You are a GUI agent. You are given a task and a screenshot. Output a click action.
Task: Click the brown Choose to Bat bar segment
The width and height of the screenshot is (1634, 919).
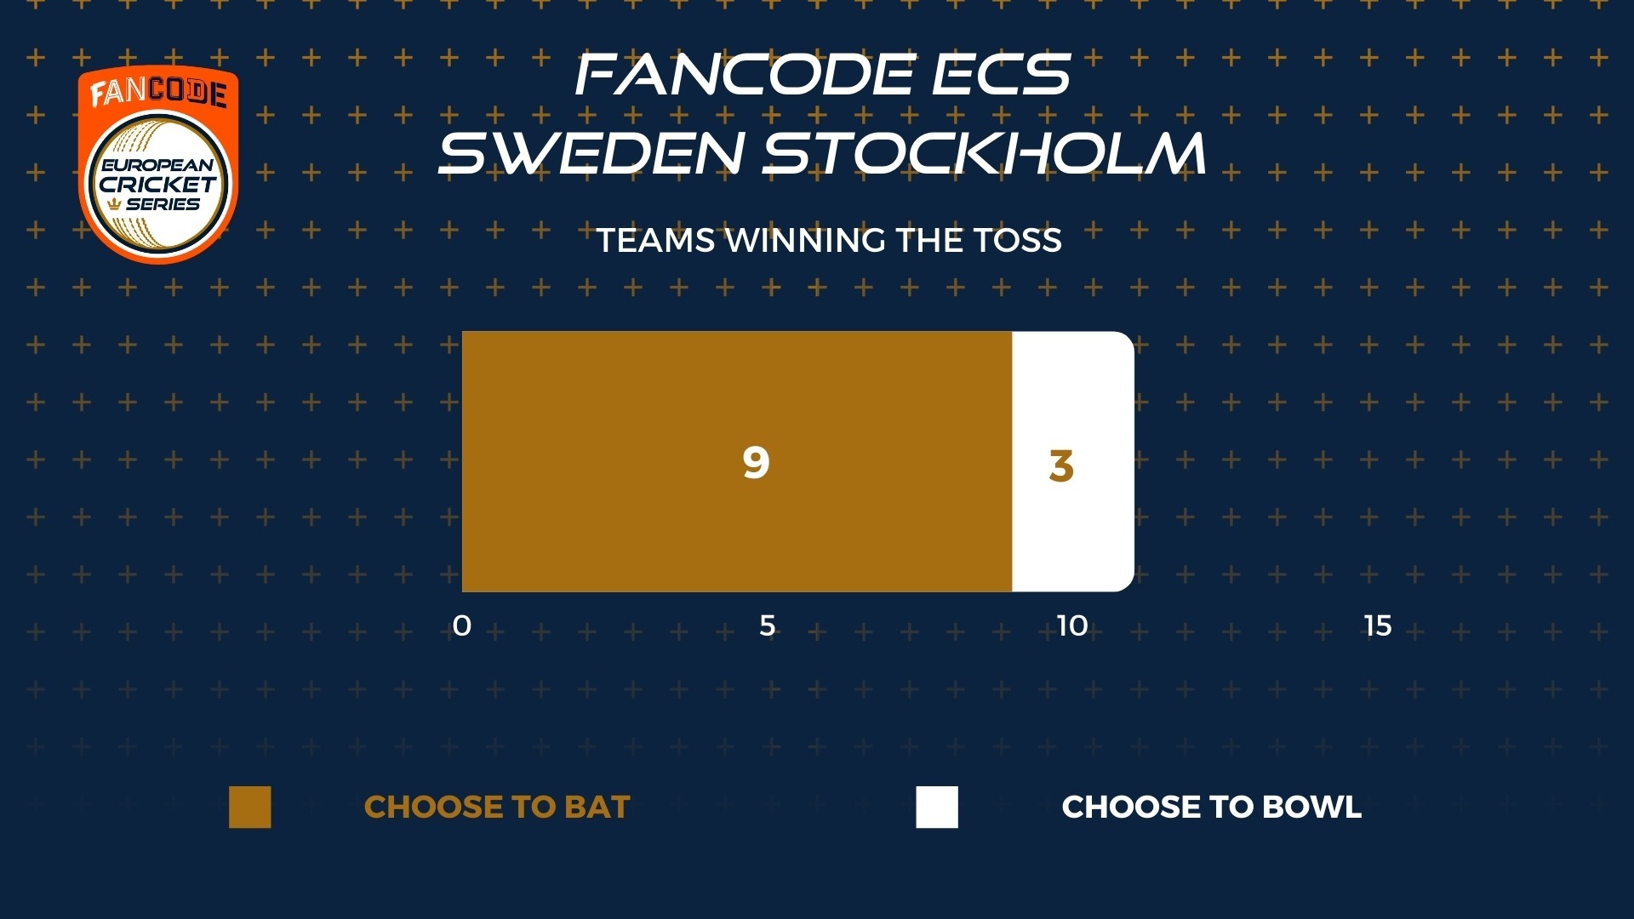pos(737,461)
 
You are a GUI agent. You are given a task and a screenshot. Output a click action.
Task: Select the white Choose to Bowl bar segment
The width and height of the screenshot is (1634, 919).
pos(1073,461)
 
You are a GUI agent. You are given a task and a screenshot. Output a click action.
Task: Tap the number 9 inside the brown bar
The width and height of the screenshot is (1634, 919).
pos(756,462)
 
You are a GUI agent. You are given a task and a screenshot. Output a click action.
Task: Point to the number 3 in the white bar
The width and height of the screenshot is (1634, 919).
pos(1061,465)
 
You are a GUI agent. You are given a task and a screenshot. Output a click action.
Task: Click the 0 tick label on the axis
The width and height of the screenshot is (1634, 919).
pos(462,626)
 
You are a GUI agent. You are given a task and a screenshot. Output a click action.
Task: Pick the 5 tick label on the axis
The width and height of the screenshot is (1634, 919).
pos(768,626)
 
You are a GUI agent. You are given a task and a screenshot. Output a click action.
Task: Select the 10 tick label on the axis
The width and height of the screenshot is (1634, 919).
pos(1072,626)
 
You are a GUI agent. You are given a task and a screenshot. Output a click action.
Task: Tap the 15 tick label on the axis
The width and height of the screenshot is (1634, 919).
pos(1378,626)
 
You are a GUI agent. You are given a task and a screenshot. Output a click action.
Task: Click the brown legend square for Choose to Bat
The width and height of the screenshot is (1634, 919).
pos(250,807)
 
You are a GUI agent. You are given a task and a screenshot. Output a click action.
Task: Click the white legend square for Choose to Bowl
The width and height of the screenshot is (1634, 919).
pos(937,807)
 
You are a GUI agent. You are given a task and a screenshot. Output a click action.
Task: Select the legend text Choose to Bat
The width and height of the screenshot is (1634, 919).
pos(497,807)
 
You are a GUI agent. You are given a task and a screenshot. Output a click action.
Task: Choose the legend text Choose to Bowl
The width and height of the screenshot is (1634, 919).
pos(1212,807)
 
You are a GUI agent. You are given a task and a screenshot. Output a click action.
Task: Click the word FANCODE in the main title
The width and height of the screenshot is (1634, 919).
pos(745,75)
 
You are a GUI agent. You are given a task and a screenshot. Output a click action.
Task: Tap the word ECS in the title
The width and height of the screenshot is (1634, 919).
pos(1002,75)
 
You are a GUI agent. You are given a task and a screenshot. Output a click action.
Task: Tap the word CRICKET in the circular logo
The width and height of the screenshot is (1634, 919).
pos(158,185)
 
